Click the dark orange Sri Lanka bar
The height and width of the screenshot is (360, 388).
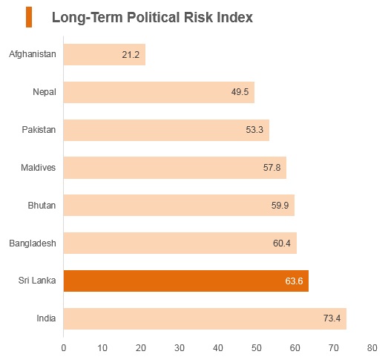186,281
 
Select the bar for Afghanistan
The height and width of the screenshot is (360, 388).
105,54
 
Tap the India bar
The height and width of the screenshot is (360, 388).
205,318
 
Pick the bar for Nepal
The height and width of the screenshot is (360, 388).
159,92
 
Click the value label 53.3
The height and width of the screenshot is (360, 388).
254,130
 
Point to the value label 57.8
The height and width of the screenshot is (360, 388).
272,168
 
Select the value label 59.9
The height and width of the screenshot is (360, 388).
280,206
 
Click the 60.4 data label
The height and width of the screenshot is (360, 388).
282,243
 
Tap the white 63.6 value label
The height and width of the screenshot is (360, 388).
294,281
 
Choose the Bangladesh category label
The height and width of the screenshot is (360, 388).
33,243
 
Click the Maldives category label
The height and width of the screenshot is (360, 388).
38,168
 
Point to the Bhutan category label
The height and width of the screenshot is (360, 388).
42,206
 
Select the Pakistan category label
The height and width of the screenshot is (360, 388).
39,130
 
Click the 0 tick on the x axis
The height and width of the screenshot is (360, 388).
64,348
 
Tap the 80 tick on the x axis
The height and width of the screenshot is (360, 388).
372,348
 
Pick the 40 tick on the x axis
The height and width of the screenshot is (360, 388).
218,348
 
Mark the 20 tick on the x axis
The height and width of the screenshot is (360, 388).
140,348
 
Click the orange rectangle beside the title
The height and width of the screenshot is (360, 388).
29,17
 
